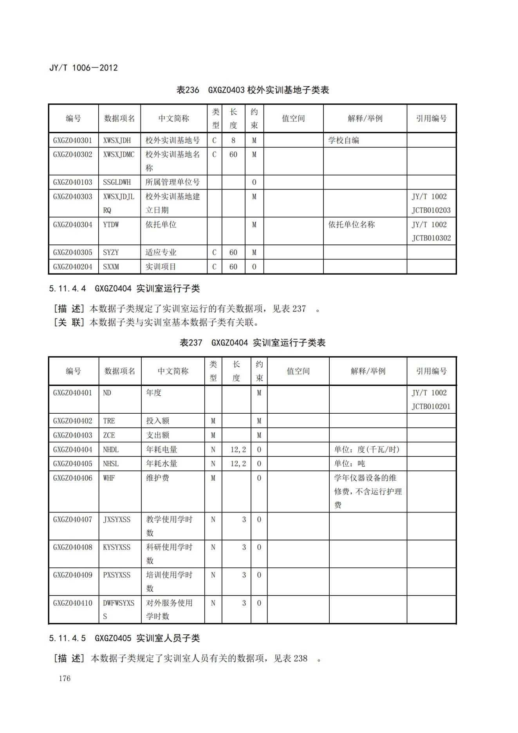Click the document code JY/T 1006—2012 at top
tap(83, 68)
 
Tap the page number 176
tap(65, 678)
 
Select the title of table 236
tap(253, 90)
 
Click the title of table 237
tap(253, 343)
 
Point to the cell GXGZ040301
tap(73, 140)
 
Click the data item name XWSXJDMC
tap(119, 154)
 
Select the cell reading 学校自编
tap(343, 140)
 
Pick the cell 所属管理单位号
tap(173, 182)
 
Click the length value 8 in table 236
tap(233, 140)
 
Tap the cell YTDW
tap(111, 224)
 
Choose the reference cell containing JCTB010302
tap(431, 231)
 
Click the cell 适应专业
tap(161, 252)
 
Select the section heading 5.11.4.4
tap(125, 289)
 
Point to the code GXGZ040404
tap(73, 449)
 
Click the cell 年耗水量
tap(162, 463)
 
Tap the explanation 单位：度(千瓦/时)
tap(366, 449)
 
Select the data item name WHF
tap(109, 478)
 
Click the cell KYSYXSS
tap(117, 547)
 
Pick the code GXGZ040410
tap(73, 603)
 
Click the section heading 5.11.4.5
tap(125, 638)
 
